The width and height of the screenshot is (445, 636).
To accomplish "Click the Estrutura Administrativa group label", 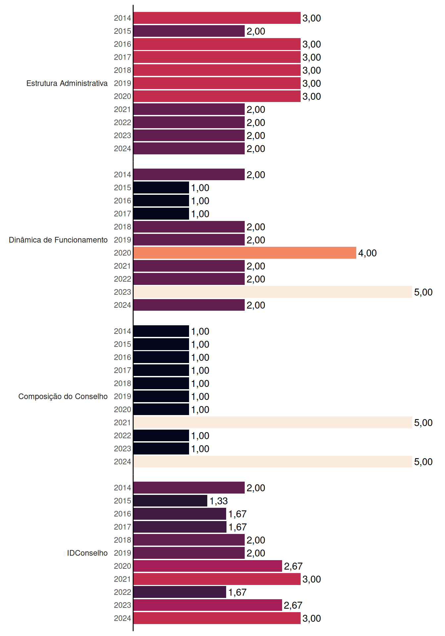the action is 67,83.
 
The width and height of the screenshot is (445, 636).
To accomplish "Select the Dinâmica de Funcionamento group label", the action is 58,240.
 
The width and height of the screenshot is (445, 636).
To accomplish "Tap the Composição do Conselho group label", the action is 63,397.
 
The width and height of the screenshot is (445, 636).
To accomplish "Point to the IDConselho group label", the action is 87,553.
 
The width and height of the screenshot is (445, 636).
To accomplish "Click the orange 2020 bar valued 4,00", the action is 245,253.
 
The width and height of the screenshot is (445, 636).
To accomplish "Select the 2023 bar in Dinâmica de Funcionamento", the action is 273,292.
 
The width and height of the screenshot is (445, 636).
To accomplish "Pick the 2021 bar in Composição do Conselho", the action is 273,422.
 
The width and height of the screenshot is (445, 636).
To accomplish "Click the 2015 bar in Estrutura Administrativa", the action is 189,31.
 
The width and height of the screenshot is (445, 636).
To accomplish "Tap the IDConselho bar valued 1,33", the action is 171,501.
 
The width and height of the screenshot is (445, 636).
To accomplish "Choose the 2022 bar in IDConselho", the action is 180,592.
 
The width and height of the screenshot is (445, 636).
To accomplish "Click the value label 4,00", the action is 368,253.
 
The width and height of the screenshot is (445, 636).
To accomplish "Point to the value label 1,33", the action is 219,501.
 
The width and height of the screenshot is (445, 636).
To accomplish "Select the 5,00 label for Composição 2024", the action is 423,462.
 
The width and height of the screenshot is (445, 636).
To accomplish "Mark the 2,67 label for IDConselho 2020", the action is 293,566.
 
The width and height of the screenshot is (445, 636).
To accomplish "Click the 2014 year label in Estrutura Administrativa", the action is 123,18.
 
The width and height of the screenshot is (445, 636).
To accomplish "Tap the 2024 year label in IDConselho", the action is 123,618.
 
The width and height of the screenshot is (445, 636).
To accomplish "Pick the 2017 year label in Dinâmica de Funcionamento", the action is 123,214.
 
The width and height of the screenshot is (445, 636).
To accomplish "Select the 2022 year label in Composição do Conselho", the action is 123,436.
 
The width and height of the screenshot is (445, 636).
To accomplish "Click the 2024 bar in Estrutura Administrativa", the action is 189,148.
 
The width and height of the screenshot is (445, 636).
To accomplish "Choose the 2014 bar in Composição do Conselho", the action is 161,331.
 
